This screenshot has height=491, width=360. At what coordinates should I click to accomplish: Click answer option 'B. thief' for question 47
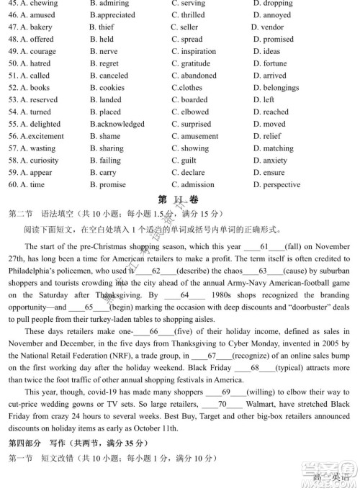(102, 27)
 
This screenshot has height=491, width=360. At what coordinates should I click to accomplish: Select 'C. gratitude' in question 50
(192, 64)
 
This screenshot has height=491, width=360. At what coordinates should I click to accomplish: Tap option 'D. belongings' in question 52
(276, 89)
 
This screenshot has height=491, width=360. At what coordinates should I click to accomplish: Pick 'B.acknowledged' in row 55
(117, 125)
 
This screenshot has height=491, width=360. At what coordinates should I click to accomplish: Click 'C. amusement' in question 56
(194, 137)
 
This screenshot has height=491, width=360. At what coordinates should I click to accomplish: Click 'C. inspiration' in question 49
(194, 52)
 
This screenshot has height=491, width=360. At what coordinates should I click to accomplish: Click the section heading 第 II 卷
(179, 199)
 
